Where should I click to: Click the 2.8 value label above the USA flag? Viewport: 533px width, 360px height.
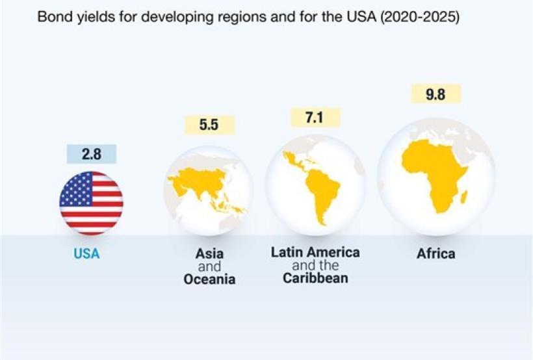pos(91,155)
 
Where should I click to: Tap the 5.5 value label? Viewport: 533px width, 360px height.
pos(209,125)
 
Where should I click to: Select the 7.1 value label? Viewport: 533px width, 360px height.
pos(314,118)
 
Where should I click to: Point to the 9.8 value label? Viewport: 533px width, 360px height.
pos(435,94)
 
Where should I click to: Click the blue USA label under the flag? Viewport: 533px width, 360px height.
pos(86,254)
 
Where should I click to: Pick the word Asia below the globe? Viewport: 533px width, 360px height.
pos(209,254)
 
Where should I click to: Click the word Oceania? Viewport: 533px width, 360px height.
pos(209,280)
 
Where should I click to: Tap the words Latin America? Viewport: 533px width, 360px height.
pos(315,252)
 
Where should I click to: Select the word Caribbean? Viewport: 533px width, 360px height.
pos(315,279)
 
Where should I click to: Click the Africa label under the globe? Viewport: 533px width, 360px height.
pos(435,253)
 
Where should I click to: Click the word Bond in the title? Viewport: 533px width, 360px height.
pos(52,18)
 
